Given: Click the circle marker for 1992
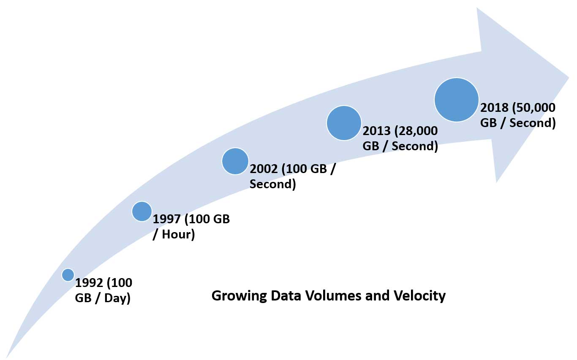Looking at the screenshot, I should click(68, 275).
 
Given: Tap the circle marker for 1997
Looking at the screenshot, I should click(142, 211).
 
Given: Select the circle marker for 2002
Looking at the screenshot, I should click(235, 161).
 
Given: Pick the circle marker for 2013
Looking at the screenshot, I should click(344, 123).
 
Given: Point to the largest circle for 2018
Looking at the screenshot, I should click(457, 100).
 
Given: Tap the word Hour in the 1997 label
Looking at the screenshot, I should click(179, 234).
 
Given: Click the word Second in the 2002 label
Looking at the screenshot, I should click(272, 184).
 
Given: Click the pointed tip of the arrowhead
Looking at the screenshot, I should click(569, 77).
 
